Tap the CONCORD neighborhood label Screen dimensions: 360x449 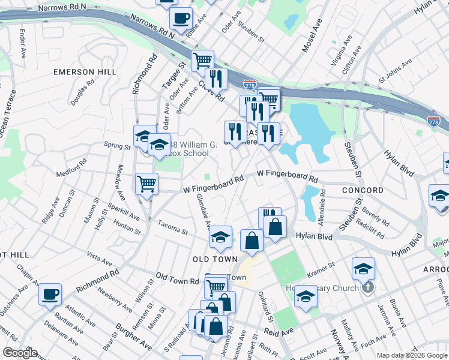pos(363,190)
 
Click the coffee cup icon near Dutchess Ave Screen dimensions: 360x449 pos(50,294)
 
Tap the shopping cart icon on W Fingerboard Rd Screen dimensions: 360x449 pos(146,183)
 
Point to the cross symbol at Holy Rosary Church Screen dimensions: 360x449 pos(368,287)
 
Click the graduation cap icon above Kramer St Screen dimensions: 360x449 pos(363,268)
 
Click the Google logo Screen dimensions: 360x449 pos(20,353)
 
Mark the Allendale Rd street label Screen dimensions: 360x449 pos(322,204)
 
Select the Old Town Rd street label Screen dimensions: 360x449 pos(177,278)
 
